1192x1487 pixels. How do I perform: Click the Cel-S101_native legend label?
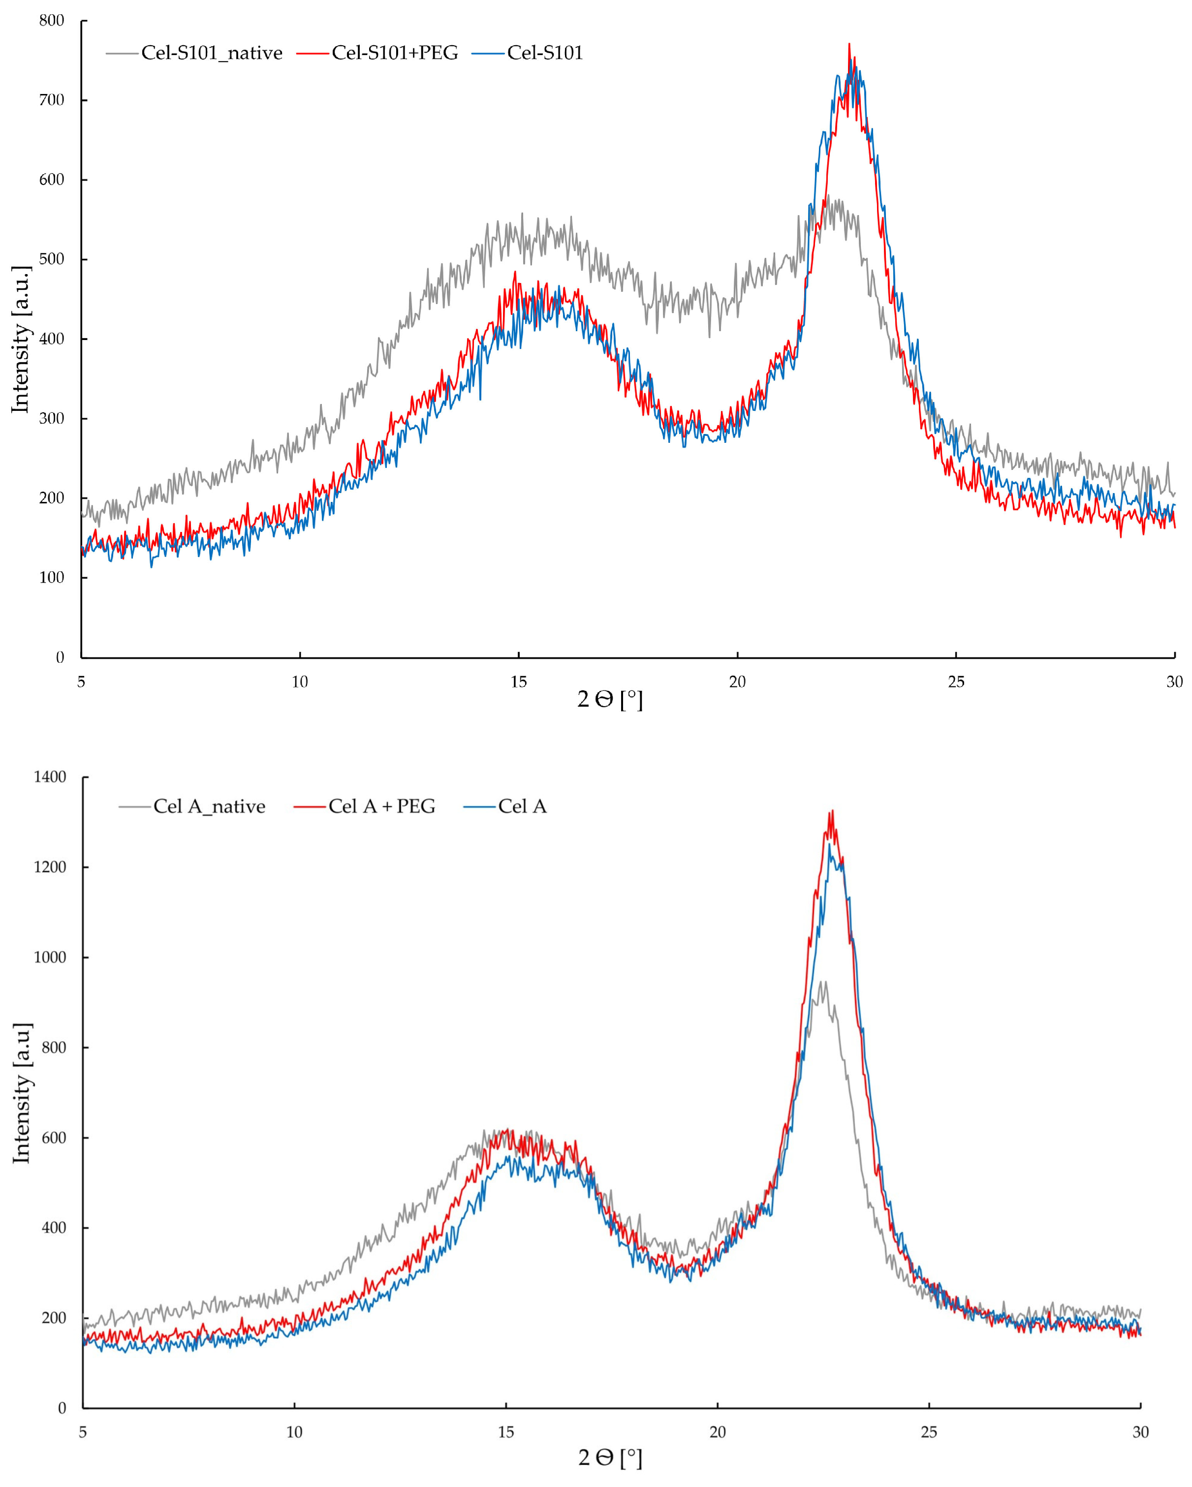pos(212,53)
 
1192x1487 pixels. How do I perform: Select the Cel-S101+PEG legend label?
pos(395,53)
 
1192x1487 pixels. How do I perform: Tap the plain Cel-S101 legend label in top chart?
pos(545,53)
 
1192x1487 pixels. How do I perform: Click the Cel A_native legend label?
pos(209,806)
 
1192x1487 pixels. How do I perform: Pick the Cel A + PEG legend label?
pos(381,806)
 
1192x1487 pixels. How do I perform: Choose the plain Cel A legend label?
pos(522,806)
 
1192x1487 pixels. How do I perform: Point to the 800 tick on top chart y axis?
pos(51,21)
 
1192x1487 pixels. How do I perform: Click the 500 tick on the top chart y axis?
pos(51,259)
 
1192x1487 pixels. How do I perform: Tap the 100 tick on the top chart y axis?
pos(51,577)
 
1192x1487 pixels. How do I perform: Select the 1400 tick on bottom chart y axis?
pos(50,777)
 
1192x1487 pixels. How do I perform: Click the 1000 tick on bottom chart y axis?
pos(50,958)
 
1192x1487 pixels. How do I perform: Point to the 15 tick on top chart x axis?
pos(519,682)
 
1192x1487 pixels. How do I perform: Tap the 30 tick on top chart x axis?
pos(1174,682)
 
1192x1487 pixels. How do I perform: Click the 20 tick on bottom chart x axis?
pos(718,1432)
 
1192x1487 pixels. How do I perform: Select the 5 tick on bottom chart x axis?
pos(83,1432)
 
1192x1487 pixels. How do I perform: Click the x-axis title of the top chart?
pos(610,700)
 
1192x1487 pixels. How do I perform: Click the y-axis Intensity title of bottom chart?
pos(22,1093)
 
